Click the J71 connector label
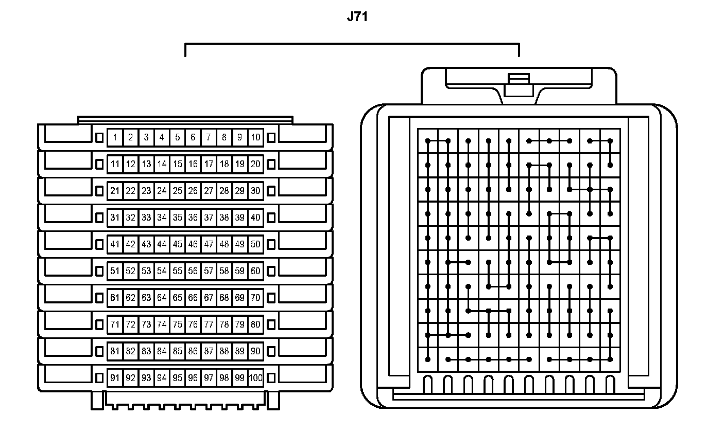pos(357,17)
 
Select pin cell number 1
pos(115,137)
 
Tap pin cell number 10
pos(255,137)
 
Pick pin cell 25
pos(177,191)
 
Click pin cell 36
pos(193,218)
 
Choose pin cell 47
pos(209,244)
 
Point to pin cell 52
pos(130,271)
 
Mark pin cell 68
pos(224,298)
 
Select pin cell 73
pos(146,324)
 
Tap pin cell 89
pos(239,351)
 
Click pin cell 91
pos(115,378)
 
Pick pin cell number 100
pos(255,378)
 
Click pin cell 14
pos(162,164)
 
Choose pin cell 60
pos(255,271)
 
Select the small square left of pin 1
pos(100,137)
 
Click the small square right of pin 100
pos(271,378)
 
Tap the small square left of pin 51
pos(100,271)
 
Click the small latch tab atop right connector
pos(519,85)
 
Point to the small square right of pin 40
pos(271,218)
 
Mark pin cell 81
pos(115,351)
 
